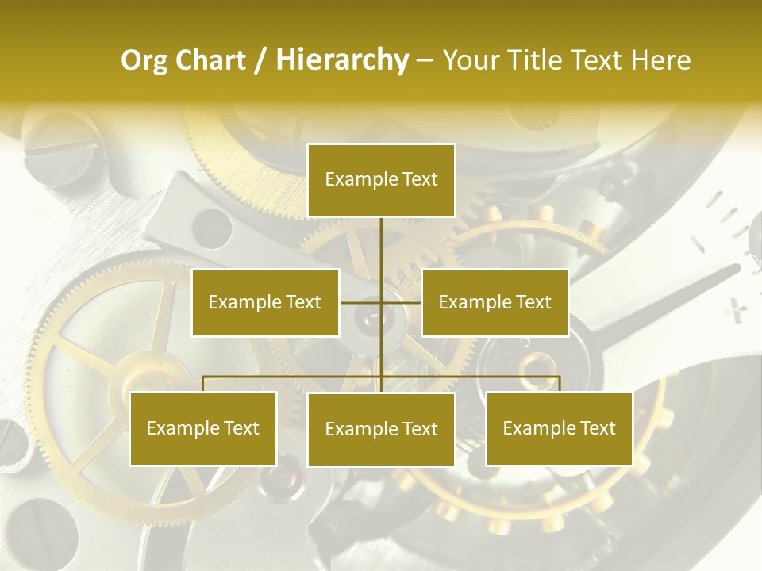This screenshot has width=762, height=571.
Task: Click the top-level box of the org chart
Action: pos(381,180)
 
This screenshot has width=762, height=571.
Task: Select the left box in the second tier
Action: pos(265,302)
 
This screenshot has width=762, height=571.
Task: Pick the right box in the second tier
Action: pos(495,302)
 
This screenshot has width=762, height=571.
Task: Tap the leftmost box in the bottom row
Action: pos(203,428)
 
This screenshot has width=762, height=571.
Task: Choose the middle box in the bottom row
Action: pos(381,429)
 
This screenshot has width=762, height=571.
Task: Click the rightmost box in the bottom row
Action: pos(559,428)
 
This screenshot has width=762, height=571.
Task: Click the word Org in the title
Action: pos(144,60)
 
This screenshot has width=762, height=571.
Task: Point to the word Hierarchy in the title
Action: pos(341,60)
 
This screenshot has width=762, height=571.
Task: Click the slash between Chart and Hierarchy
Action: pos(261,61)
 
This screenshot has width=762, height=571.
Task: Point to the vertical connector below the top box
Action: pos(381,246)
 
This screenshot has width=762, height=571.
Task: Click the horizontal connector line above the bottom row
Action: pos(294,377)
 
